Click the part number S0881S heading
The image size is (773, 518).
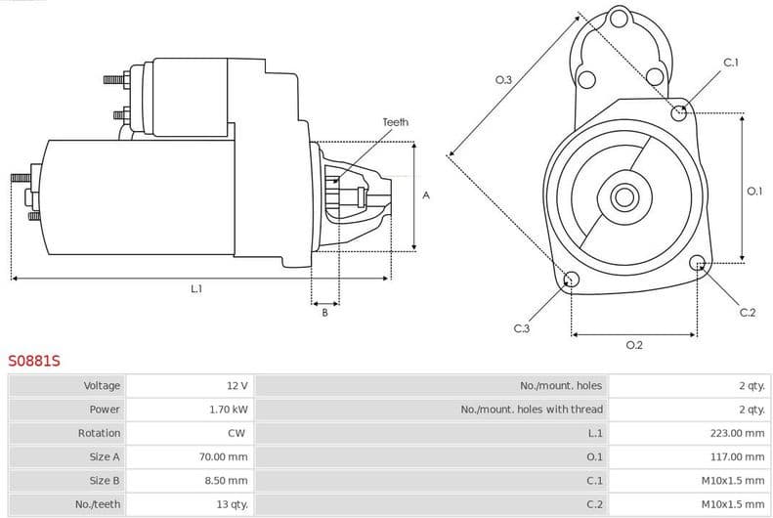click(x=34, y=361)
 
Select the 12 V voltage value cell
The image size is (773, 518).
click(x=236, y=386)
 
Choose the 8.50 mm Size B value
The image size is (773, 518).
click(x=229, y=481)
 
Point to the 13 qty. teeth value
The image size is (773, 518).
click(x=230, y=504)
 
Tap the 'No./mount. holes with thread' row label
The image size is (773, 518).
click(x=532, y=410)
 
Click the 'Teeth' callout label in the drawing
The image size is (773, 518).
click(x=395, y=122)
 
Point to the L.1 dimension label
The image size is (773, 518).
click(x=196, y=288)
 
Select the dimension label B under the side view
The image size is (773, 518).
click(x=324, y=313)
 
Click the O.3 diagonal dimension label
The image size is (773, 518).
click(x=503, y=80)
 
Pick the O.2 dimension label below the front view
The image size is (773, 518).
click(x=633, y=345)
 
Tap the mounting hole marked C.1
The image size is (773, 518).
click(x=679, y=112)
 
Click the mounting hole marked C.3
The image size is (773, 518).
click(x=572, y=281)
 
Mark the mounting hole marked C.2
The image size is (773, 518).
click(x=698, y=263)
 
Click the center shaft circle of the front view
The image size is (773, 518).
click(x=623, y=196)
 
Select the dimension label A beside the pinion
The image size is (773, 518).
click(x=425, y=195)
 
